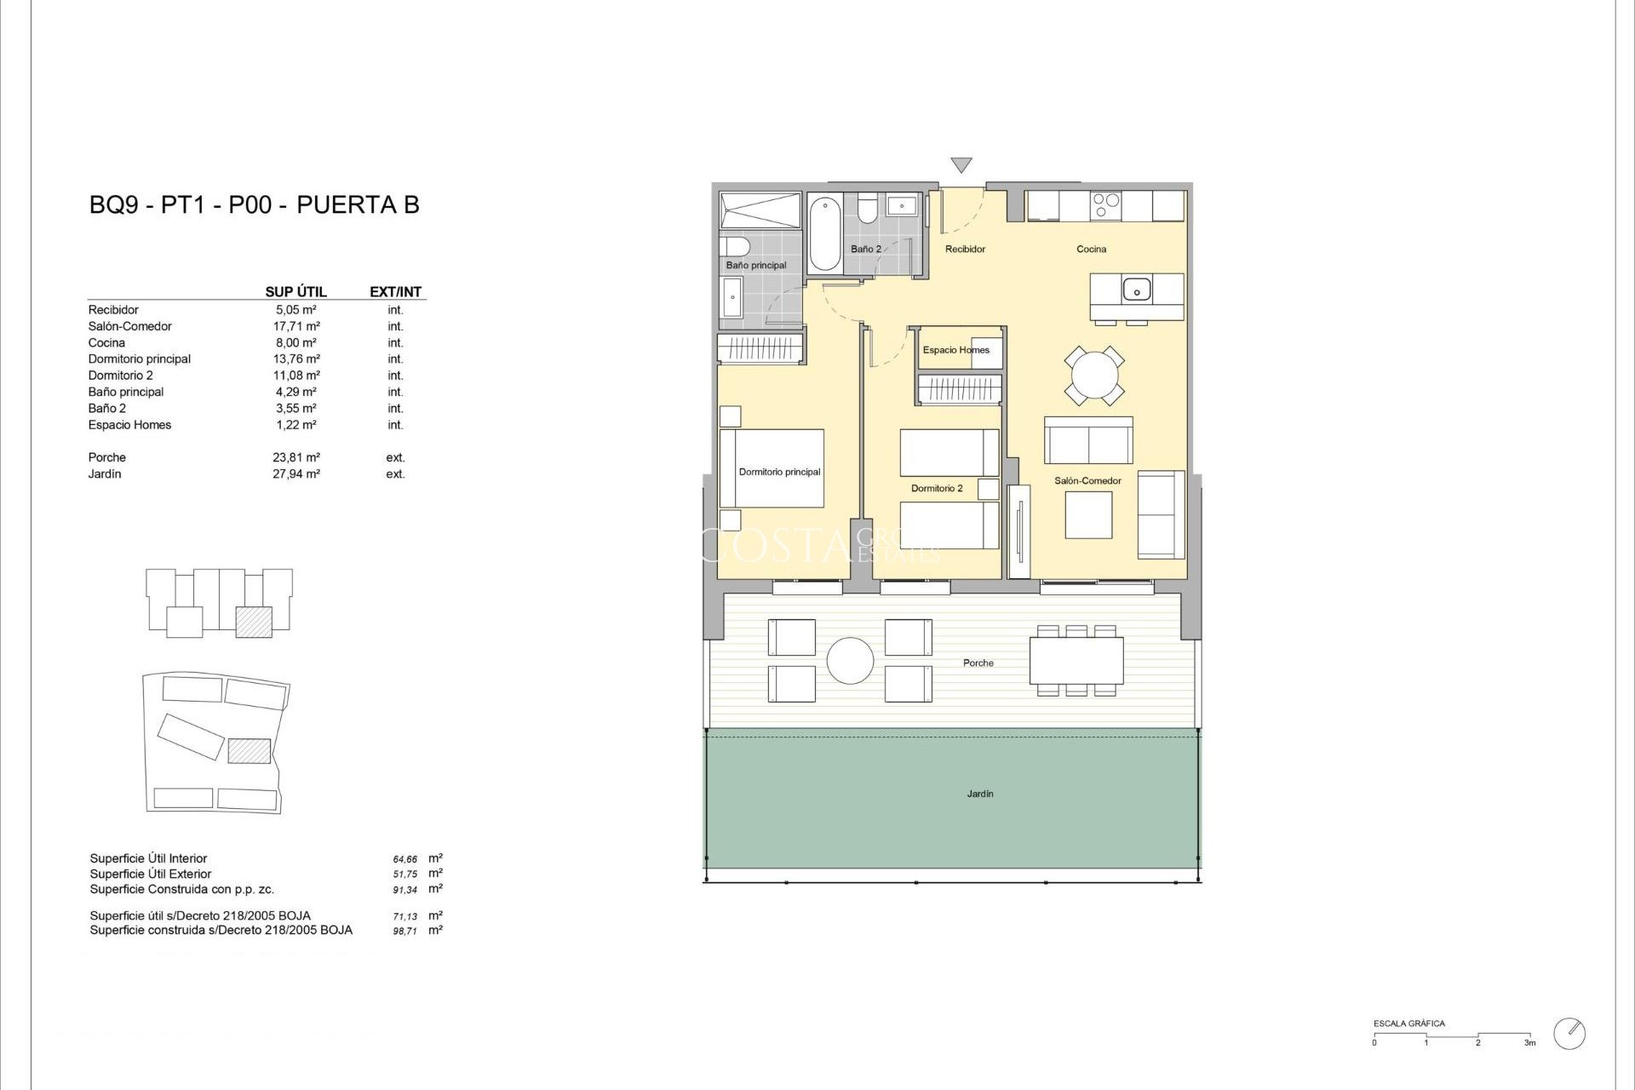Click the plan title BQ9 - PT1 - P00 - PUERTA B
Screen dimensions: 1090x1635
[x=254, y=205]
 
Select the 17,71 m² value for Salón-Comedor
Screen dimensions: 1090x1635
[x=295, y=326]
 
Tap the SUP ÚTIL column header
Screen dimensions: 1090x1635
[x=295, y=292]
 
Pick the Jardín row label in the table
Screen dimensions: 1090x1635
[x=105, y=474]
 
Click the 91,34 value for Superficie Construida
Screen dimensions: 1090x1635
[x=404, y=890]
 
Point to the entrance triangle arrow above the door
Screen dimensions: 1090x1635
[x=961, y=165]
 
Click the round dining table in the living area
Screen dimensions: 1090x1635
[x=1093, y=375]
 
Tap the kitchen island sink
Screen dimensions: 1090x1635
[x=1136, y=290]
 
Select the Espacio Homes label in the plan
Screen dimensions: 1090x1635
[x=955, y=350]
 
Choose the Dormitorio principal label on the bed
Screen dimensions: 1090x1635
[x=779, y=472]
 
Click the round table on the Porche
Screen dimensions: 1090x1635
[x=850, y=661]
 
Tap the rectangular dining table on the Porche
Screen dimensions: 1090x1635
[x=1076, y=661]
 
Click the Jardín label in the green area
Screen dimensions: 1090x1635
[x=979, y=794]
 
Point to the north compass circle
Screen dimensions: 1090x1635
[x=1569, y=1034]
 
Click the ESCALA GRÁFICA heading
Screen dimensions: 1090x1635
[x=1408, y=1024]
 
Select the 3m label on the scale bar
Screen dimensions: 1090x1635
[x=1529, y=1043]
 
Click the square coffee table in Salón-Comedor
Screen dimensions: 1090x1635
[x=1087, y=515]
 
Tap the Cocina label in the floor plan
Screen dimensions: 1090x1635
[x=1091, y=250]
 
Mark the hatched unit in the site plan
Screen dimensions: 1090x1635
[x=250, y=750]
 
